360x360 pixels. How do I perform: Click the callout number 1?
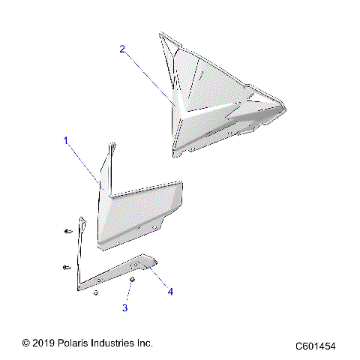coord(66,140)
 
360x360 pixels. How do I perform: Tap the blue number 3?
coord(125,307)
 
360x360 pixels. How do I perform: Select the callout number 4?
coord(170,291)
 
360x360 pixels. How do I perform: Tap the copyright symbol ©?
coord(25,343)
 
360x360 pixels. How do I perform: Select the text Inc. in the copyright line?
coord(145,343)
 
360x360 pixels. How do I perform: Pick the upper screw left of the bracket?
coord(67,231)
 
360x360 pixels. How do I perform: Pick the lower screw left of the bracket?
coord(67,265)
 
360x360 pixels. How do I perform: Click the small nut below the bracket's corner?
coord(96,292)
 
